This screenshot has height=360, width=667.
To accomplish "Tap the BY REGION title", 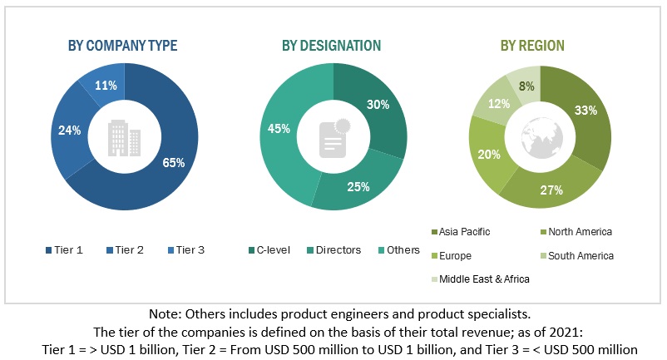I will click(x=532, y=46).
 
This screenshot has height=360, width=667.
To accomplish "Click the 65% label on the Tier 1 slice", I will click(x=173, y=162).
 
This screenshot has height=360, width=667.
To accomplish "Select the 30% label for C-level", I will click(x=378, y=104).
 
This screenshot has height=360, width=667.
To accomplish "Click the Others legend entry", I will click(x=398, y=250).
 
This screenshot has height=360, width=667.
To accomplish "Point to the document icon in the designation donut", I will click(x=333, y=138).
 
